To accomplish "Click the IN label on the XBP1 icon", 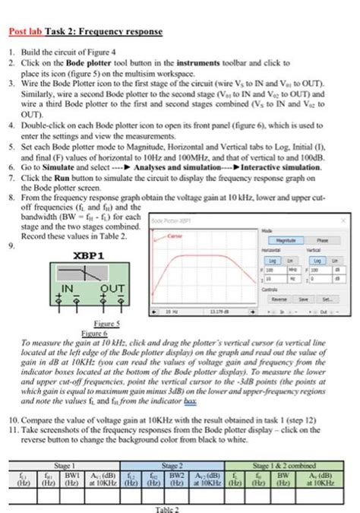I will (x=68, y=288).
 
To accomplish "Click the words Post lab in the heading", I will (x=29, y=32).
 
